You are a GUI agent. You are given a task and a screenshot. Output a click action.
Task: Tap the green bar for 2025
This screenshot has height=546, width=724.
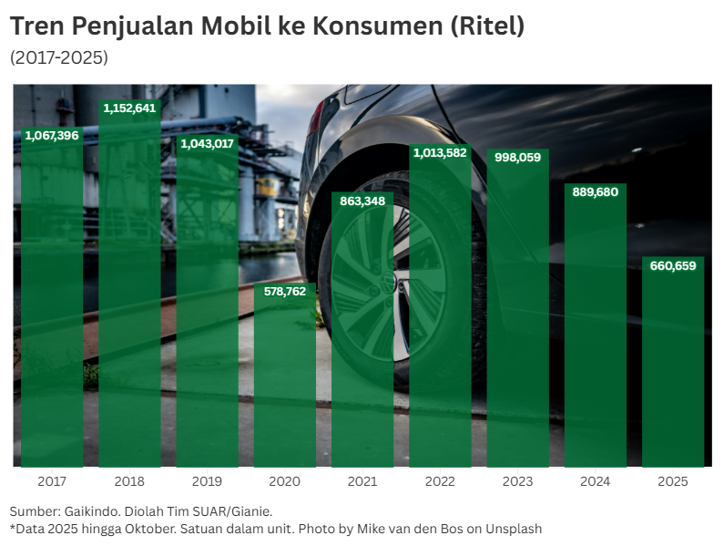point(673,365)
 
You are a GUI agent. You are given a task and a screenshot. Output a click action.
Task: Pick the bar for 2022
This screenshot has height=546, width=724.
point(440,310)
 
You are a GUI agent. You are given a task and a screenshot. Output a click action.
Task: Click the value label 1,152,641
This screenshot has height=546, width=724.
point(129,108)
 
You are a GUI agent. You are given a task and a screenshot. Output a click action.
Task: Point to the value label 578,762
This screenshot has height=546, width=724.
point(285,292)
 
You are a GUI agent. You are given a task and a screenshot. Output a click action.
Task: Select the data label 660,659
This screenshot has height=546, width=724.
point(673,266)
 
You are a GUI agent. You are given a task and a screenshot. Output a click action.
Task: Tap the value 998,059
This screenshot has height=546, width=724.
point(517,158)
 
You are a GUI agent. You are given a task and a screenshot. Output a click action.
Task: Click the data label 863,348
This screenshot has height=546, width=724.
point(362,201)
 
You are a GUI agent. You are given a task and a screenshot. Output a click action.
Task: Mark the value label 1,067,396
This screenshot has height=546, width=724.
point(52,136)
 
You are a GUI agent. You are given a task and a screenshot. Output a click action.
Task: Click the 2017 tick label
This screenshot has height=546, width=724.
point(52,481)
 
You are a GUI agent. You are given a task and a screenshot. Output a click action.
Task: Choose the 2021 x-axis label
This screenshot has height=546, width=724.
point(362,481)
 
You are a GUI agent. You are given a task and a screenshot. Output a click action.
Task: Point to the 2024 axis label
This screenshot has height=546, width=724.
point(596,481)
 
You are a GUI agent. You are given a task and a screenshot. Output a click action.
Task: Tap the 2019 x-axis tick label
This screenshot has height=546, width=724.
point(207,481)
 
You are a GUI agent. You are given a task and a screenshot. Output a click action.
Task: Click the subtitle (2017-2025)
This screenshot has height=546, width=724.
point(59,57)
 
